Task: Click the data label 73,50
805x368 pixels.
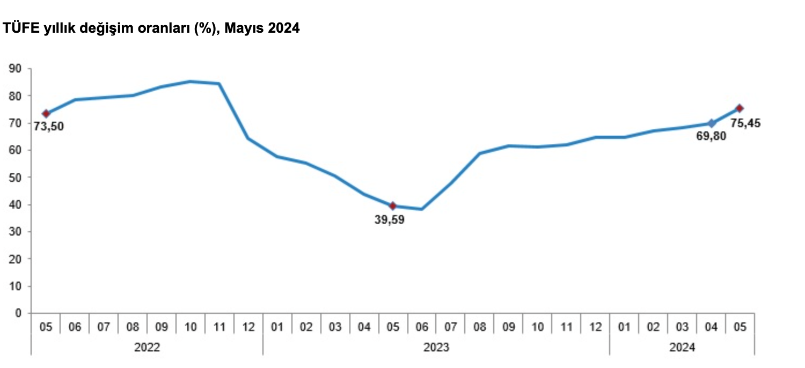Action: click(49, 127)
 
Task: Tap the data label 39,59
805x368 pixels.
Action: click(390, 219)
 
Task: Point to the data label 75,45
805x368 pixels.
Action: click(745, 123)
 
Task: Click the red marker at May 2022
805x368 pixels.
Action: click(46, 114)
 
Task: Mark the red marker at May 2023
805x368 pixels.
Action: click(393, 206)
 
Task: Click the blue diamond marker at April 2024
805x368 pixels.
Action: click(712, 123)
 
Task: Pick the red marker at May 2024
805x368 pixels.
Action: click(740, 108)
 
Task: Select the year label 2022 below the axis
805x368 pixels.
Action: click(147, 348)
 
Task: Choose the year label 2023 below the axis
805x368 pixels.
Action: click(436, 348)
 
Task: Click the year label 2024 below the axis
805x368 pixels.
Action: click(682, 348)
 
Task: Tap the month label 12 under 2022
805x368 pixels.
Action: click(248, 327)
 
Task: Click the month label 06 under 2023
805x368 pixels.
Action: click(422, 327)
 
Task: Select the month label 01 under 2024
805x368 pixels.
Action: click(624, 327)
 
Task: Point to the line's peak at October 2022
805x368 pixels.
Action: click(191, 82)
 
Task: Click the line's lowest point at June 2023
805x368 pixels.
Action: click(422, 209)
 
